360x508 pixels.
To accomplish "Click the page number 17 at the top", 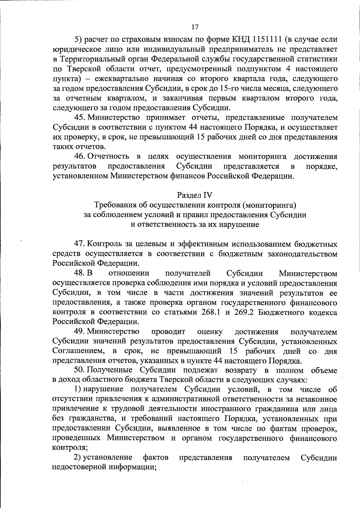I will [x=195, y=27].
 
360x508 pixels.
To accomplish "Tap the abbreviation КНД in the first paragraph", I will [x=241, y=39].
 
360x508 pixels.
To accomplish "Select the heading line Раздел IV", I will [x=195, y=195].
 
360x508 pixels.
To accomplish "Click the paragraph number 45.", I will [x=80, y=117].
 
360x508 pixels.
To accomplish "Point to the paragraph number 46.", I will [x=80, y=156].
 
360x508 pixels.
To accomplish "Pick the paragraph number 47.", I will [x=80, y=244].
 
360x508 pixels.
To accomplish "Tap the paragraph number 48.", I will [x=80, y=273].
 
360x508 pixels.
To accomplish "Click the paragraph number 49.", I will [x=80, y=332].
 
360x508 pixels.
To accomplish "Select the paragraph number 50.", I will [x=80, y=370].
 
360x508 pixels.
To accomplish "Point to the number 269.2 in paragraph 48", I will [x=244, y=312].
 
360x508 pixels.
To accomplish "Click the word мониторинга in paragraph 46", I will [x=262, y=156].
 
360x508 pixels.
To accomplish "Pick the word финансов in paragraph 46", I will [x=186, y=176].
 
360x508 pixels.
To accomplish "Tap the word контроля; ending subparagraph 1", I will [x=70, y=448].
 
